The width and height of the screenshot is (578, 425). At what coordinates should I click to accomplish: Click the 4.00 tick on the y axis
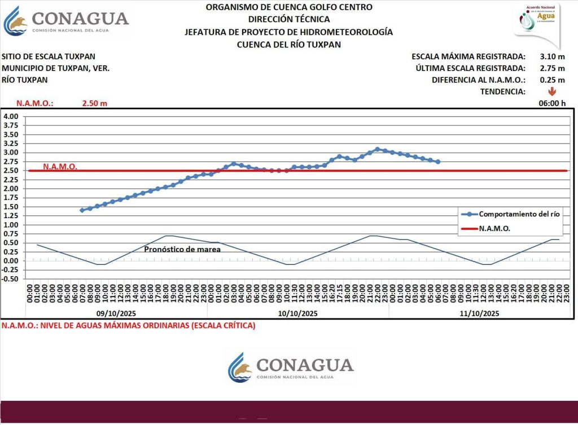[x=11, y=117]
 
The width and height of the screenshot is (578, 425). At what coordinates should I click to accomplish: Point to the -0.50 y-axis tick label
[x=11, y=279]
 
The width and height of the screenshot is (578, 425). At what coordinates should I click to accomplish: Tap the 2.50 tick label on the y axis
[x=11, y=171]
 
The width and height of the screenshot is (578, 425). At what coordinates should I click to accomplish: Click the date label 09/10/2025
[x=116, y=313]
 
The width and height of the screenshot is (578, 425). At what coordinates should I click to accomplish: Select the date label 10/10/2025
[x=297, y=313]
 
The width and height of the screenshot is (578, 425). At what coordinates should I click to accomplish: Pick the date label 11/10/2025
[x=479, y=313]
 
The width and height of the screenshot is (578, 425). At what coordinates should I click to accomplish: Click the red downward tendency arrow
[x=551, y=91]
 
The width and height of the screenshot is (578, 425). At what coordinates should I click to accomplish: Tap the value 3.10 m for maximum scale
[x=551, y=56]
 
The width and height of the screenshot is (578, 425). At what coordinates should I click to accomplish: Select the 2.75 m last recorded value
[x=551, y=68]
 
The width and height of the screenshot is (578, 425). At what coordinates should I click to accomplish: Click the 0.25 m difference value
[x=551, y=80]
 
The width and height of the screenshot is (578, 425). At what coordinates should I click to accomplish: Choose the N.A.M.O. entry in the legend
[x=494, y=229]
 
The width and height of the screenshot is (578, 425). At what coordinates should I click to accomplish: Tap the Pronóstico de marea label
[x=182, y=249]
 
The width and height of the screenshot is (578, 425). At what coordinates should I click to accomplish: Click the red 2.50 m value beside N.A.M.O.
[x=94, y=104]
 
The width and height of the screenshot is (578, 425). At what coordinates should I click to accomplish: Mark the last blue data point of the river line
[x=438, y=162]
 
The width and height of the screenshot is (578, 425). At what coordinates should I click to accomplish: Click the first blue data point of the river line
[x=82, y=210]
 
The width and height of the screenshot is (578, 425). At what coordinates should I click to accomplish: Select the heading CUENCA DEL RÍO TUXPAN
[x=288, y=45]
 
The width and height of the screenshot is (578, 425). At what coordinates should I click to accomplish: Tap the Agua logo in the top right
[x=537, y=21]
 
